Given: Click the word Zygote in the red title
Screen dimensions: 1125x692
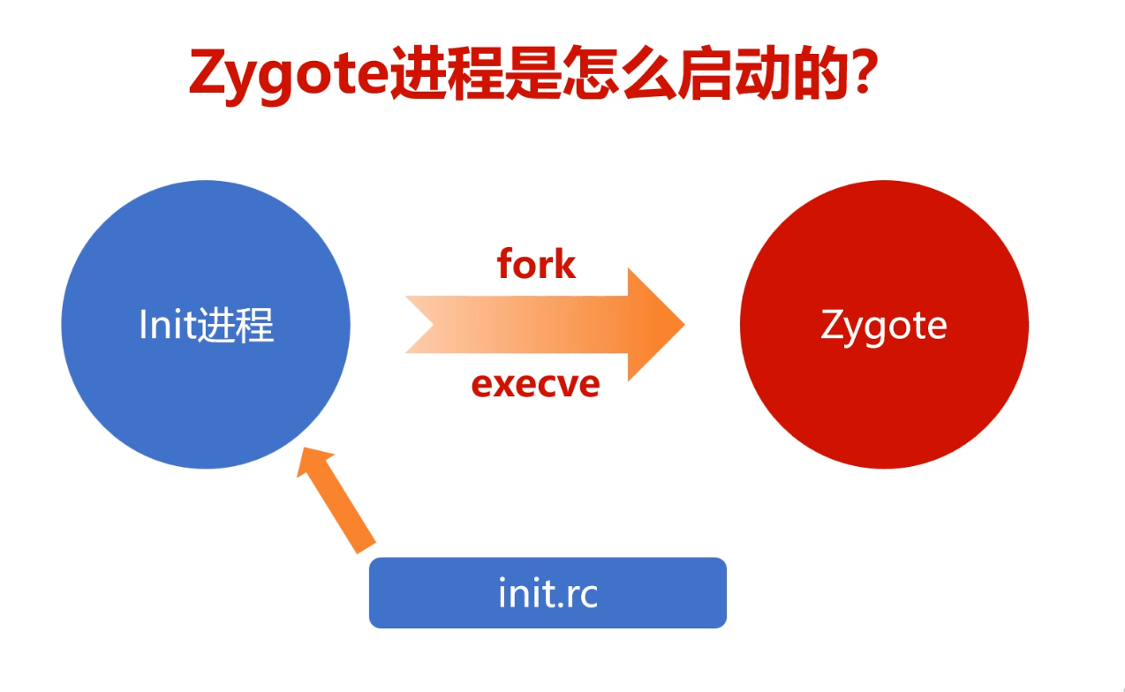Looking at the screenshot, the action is click(288, 75).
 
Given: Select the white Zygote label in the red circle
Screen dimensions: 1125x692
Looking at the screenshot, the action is click(884, 326).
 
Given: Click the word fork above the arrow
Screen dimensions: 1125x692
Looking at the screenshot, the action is click(536, 264).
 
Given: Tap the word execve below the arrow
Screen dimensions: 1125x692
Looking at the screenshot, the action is click(535, 384).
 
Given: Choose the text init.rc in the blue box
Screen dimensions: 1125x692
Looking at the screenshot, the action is click(547, 593).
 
